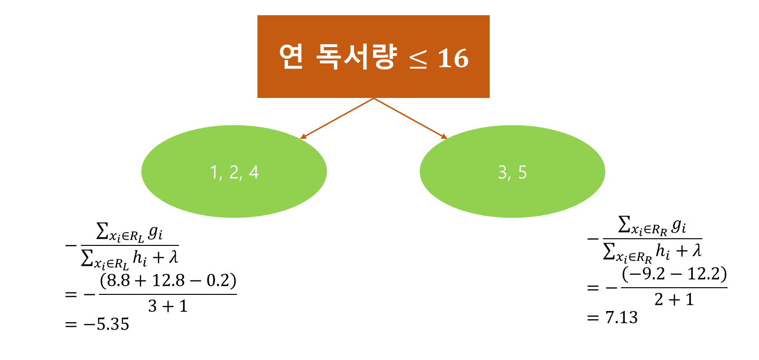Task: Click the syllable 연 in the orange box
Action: (291, 57)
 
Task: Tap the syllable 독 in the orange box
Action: (328, 57)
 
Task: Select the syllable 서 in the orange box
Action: (355, 57)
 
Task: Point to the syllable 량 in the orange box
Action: (383, 57)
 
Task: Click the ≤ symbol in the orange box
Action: (418, 59)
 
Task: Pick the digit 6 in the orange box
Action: (460, 58)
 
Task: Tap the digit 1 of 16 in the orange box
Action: (444, 58)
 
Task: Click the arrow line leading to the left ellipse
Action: (338, 118)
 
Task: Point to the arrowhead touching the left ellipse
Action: (303, 137)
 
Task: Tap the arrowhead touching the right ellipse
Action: (444, 137)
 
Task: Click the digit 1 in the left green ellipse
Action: (214, 172)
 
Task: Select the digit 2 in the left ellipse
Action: (234, 172)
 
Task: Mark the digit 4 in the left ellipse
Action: (254, 172)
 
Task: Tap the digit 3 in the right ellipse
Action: (503, 172)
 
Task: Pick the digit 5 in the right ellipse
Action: (522, 172)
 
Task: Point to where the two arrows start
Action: (374, 98)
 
